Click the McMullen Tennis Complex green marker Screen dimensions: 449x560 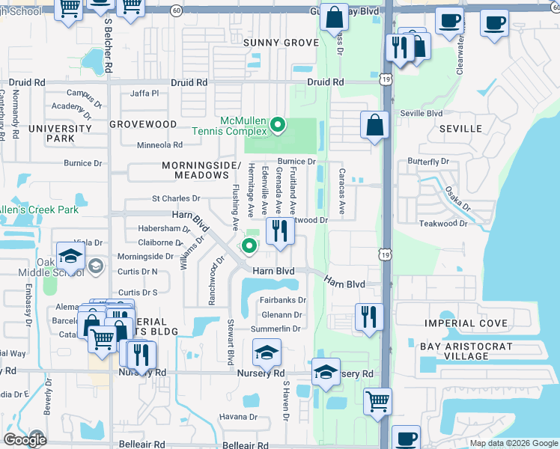pyautogui.click(x=278, y=125)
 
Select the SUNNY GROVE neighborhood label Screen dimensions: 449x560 pyautogui.click(x=281, y=43)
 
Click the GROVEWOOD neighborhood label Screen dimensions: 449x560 pyautogui.click(x=143, y=124)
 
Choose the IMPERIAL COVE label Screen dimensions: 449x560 pyautogui.click(x=461, y=323)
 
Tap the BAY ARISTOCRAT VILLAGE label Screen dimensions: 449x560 pyautogui.click(x=465, y=352)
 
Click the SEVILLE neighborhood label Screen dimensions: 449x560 pyautogui.click(x=461, y=129)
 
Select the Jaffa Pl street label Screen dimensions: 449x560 pyautogui.click(x=145, y=94)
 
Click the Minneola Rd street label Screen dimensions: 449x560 pyautogui.click(x=159, y=145)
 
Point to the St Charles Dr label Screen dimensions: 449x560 pyautogui.click(x=176, y=199)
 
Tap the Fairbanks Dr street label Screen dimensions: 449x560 pyautogui.click(x=282, y=300)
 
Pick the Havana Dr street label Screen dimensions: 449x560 pyautogui.click(x=237, y=417)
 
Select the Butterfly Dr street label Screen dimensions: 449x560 pyautogui.click(x=428, y=162)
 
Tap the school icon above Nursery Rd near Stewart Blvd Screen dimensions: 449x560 pyautogui.click(x=267, y=352)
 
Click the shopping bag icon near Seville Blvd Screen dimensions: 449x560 pyautogui.click(x=374, y=125)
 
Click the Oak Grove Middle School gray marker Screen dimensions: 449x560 pyautogui.click(x=96, y=266)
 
